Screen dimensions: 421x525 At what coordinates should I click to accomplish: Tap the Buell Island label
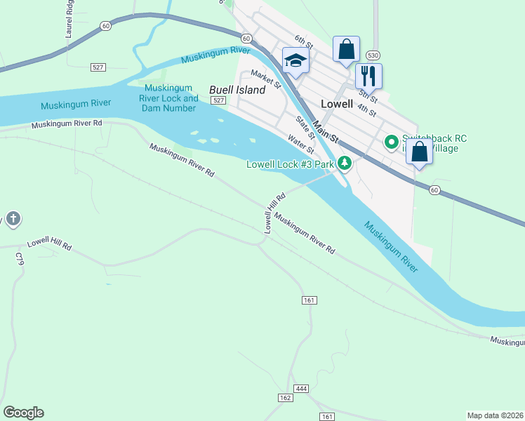point(237,90)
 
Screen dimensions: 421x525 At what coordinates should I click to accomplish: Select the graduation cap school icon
point(295,60)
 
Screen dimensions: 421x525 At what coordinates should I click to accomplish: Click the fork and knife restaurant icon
point(368,74)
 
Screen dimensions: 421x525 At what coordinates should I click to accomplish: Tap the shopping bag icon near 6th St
point(346,49)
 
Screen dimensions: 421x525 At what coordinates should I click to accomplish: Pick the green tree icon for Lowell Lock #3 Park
point(344,163)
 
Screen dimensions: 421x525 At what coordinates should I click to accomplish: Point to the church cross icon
point(13,219)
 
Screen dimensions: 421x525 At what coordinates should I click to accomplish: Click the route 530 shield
point(372,55)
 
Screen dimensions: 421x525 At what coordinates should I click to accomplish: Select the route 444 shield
point(302,388)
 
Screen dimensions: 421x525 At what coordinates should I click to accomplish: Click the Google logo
point(23,413)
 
